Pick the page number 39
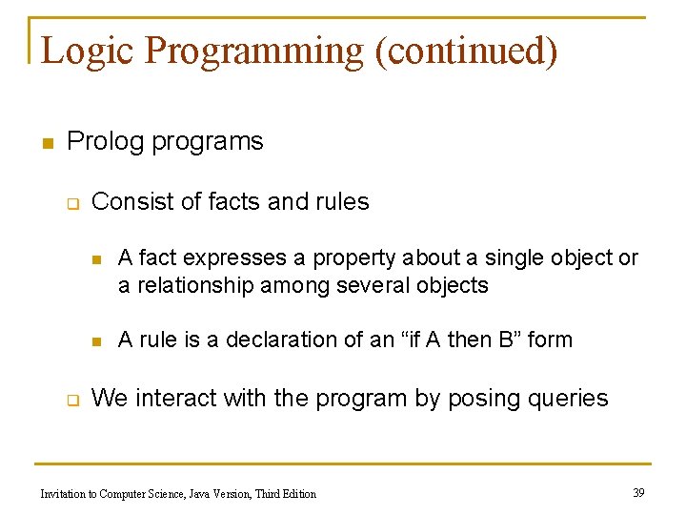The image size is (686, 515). [638, 492]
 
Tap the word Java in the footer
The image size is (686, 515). [176, 494]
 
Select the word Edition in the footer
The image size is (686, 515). [296, 494]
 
